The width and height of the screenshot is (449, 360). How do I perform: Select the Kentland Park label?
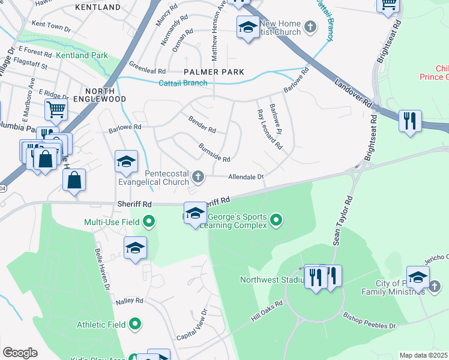pyautogui.click(x=82, y=55)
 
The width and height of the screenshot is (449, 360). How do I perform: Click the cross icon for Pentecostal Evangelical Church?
pyautogui.click(x=199, y=176)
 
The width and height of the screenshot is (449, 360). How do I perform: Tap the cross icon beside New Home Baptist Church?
pyautogui.click(x=310, y=26)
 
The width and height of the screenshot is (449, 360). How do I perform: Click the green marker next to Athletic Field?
pyautogui.click(x=135, y=325)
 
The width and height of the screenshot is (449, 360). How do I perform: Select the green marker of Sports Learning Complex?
pyautogui.click(x=276, y=220)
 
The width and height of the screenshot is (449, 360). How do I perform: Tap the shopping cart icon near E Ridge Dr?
pyautogui.click(x=56, y=110)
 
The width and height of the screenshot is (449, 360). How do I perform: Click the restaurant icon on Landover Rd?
pyautogui.click(x=410, y=120)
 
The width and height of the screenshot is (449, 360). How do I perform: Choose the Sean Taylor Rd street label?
pyautogui.click(x=342, y=220)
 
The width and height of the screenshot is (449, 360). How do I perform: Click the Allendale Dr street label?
pyautogui.click(x=246, y=177)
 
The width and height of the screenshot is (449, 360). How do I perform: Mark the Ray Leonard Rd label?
pyautogui.click(x=269, y=129)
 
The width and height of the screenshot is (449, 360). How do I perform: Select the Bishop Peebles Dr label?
pyautogui.click(x=369, y=320)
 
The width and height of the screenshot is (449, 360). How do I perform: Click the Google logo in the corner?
pyautogui.click(x=20, y=353)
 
